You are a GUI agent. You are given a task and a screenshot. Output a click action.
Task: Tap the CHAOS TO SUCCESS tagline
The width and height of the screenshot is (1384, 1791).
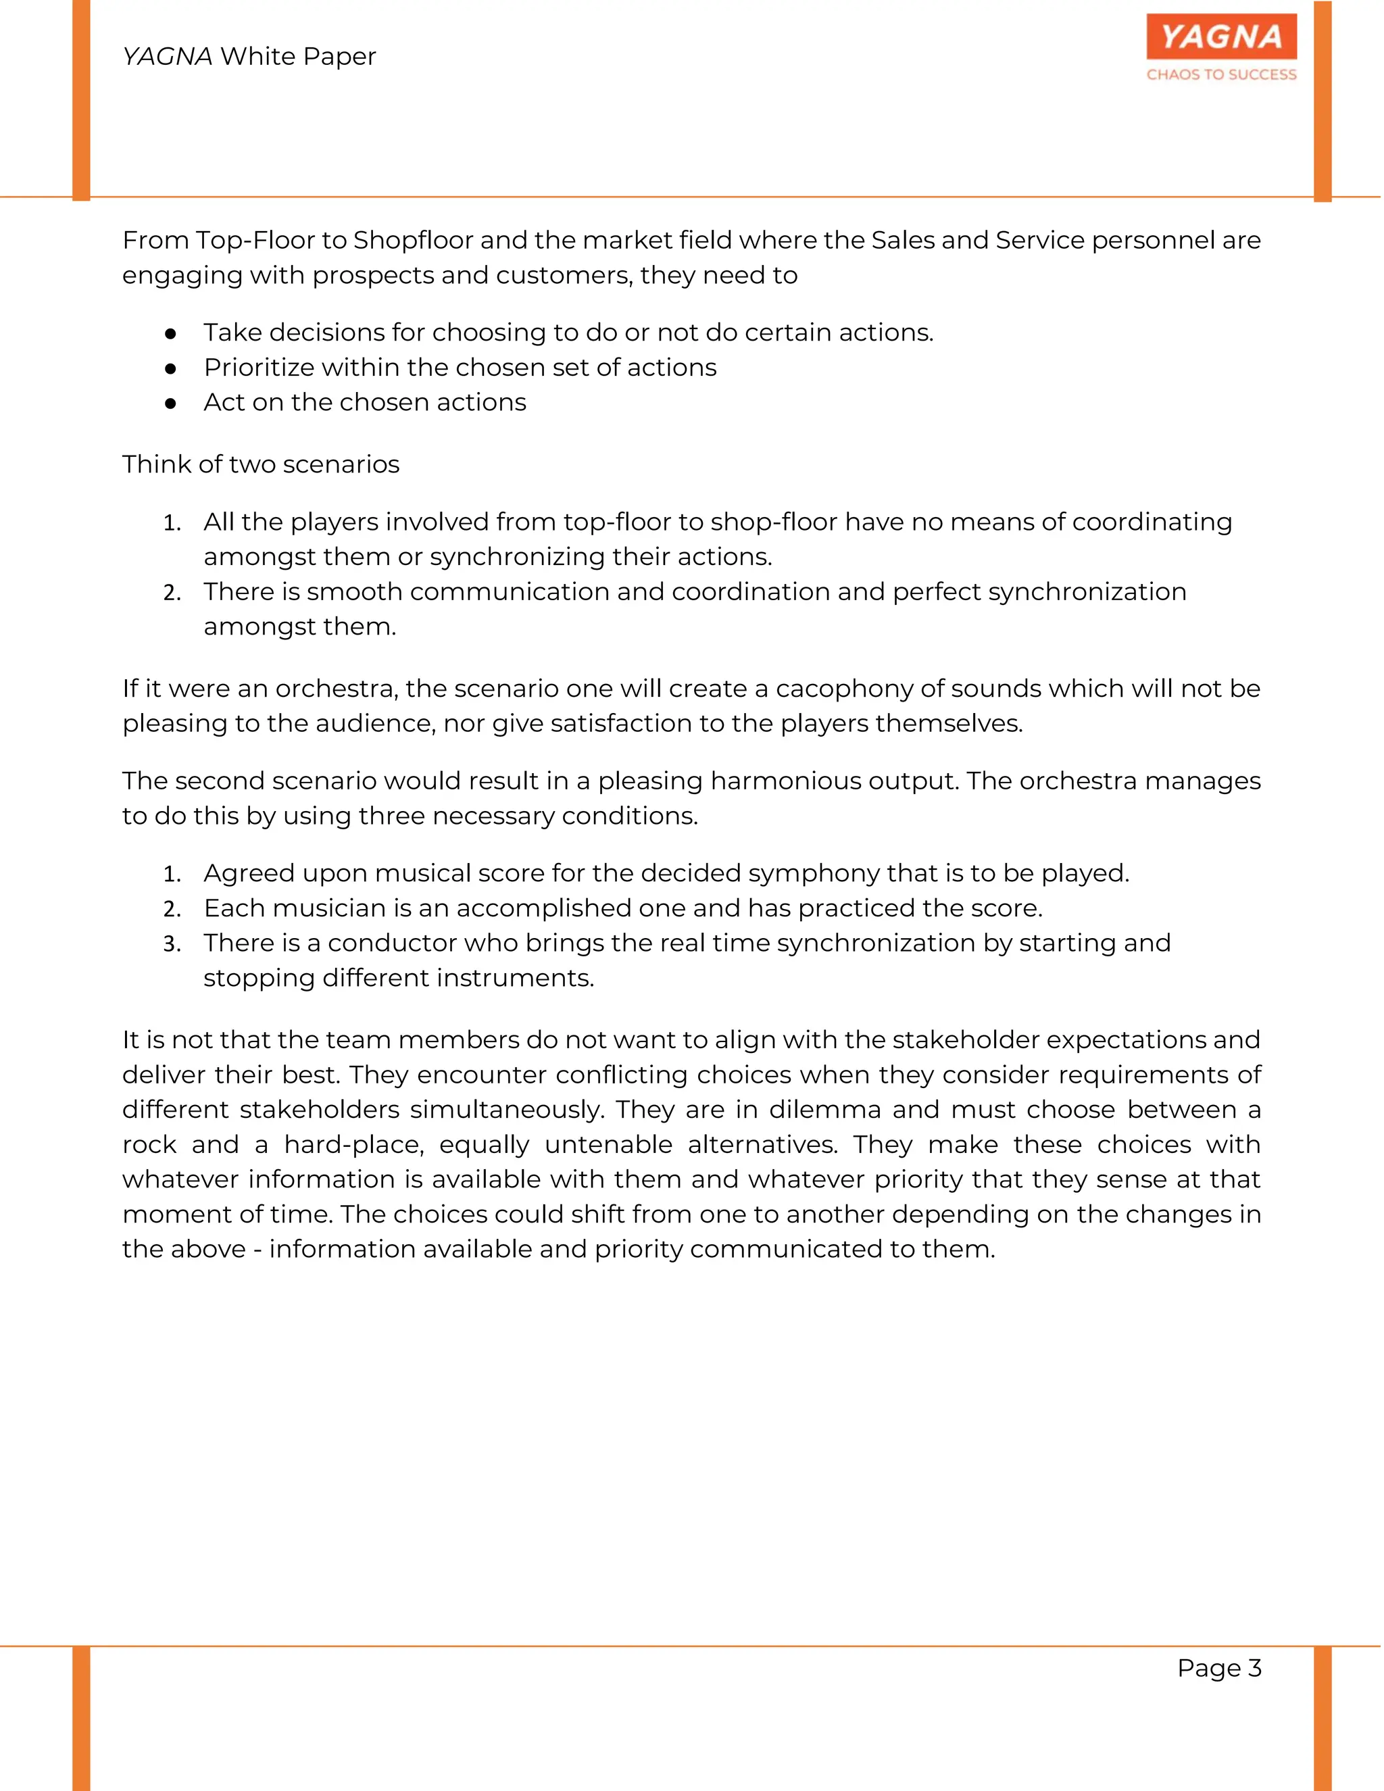(x=1221, y=74)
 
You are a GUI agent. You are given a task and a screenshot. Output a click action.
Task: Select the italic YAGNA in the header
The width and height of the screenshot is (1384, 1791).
(x=168, y=57)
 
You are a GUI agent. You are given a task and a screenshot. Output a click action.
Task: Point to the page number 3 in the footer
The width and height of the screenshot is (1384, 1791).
(x=1254, y=1668)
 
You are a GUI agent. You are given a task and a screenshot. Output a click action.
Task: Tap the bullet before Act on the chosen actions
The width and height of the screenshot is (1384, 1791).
(x=170, y=403)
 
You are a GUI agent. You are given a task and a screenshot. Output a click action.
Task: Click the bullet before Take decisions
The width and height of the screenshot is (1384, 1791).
(x=170, y=333)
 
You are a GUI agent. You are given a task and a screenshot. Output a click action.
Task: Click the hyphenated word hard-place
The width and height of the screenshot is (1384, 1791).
(x=353, y=1145)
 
